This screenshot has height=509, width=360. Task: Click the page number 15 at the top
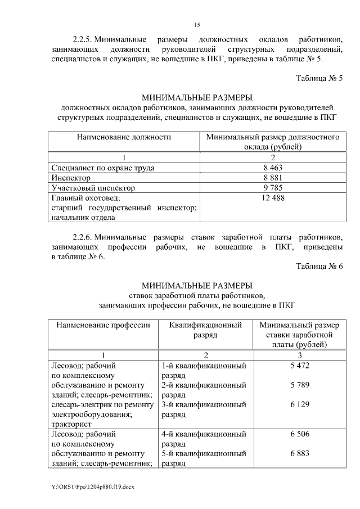pyautogui.click(x=197, y=25)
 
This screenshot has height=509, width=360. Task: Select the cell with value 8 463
pyautogui.click(x=272, y=168)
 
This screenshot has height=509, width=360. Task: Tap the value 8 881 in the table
pyautogui.click(x=272, y=178)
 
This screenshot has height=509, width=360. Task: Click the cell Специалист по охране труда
pyautogui.click(x=103, y=168)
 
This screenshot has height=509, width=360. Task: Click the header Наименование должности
pyautogui.click(x=124, y=137)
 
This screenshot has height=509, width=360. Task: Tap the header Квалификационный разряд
pyautogui.click(x=205, y=330)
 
